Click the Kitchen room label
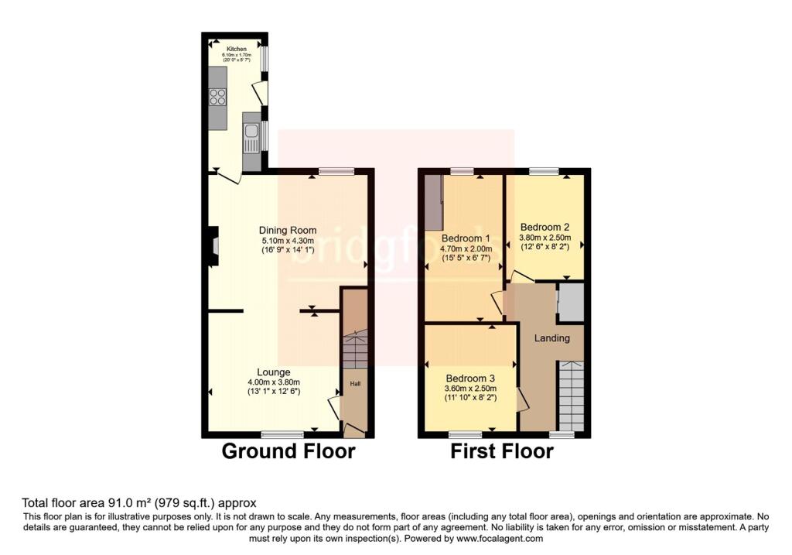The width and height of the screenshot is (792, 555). [x=236, y=49]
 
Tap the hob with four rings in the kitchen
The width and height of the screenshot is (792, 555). [x=218, y=98]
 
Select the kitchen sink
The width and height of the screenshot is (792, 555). [x=251, y=141]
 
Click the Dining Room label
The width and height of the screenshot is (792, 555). [x=288, y=230]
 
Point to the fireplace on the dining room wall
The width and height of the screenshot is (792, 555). [x=213, y=246]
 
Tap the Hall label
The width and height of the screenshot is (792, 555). [x=355, y=383]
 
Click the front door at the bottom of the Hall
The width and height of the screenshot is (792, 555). [x=355, y=429]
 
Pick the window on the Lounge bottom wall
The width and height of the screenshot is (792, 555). [x=282, y=434]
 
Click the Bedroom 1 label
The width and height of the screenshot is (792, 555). [x=466, y=238]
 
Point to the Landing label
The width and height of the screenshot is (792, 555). [x=552, y=337]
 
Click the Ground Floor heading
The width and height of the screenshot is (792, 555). [x=288, y=451]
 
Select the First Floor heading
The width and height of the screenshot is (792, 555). [x=502, y=451]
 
